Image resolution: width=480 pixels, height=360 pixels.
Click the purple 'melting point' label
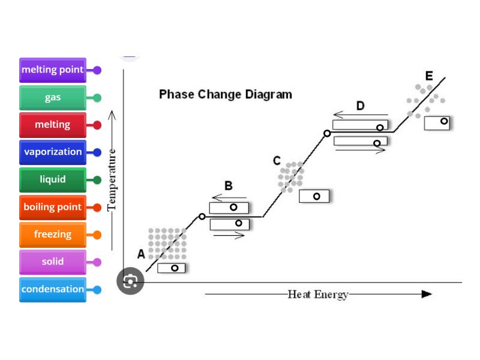53,70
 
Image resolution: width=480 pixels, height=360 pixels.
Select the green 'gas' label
53,98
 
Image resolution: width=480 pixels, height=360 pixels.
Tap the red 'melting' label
53,125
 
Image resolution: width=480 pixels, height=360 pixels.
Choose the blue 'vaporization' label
53,152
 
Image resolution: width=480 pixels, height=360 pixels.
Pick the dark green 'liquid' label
53,179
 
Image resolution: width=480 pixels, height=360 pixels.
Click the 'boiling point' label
53,208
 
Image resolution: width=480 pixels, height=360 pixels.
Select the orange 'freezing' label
53,235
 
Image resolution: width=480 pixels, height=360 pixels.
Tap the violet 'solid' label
53,262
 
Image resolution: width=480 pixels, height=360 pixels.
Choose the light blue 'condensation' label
53,289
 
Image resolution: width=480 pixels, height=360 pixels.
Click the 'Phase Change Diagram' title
226,94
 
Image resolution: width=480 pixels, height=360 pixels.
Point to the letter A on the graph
141,254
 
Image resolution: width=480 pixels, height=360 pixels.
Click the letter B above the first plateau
229,186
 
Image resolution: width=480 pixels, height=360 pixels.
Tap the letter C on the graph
277,161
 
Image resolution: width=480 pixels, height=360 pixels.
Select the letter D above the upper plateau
360,106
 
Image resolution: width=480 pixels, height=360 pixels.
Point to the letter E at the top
429,76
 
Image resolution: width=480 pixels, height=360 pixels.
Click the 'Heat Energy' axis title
318,294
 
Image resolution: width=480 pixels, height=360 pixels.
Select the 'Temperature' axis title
112,180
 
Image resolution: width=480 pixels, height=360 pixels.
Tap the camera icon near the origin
130,281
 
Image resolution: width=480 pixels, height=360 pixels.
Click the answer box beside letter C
314,196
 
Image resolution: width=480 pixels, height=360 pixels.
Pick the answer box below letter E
437,122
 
